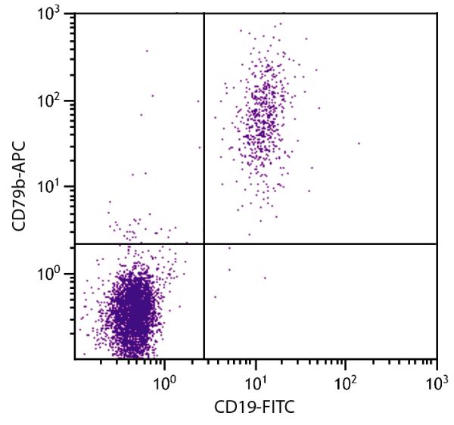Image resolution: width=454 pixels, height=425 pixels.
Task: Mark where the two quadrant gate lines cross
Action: [x=204, y=244]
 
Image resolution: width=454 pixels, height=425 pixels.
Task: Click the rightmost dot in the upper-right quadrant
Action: [x=359, y=143]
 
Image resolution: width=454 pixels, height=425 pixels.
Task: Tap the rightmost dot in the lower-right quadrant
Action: [x=265, y=278]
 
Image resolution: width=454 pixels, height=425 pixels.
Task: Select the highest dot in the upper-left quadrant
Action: [x=147, y=51]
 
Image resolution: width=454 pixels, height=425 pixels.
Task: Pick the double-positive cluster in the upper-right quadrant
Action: [x=262, y=113]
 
